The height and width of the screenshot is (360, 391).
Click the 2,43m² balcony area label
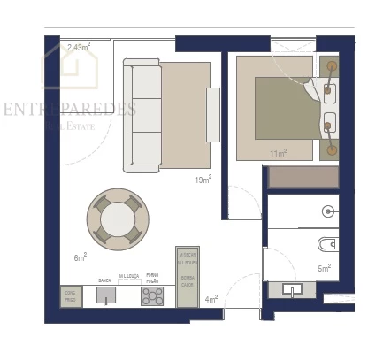tap(78, 47)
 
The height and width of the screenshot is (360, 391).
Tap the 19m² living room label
tap(203, 180)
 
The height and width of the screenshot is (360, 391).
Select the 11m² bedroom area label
tap(278, 154)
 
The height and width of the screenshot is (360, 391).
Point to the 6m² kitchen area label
tap(80, 257)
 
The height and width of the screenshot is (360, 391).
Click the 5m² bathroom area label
tap(324, 267)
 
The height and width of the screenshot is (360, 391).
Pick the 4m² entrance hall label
tap(211, 299)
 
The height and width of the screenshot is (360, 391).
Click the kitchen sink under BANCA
tap(106, 295)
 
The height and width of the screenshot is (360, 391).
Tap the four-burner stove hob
tap(152, 295)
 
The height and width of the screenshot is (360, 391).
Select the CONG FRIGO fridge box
tap(71, 296)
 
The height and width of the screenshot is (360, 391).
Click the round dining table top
tap(118, 217)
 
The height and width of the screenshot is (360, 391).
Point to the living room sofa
tap(142, 114)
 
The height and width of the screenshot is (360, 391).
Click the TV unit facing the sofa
tap(212, 114)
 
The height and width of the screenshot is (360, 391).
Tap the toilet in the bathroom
tap(326, 243)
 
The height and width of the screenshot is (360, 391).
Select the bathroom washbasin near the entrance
tap(293, 288)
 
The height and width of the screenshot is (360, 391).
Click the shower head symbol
tap(328, 211)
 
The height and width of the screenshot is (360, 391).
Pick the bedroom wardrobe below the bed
tap(303, 177)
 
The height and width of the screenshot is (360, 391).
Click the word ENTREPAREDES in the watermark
tap(69, 110)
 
